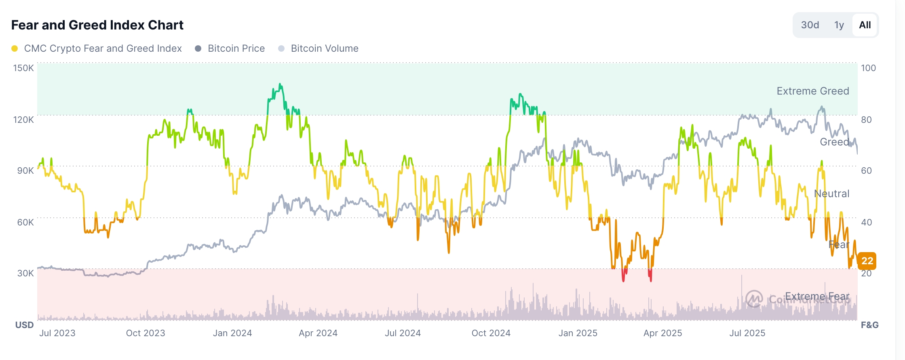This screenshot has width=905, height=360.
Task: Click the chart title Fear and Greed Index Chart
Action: (97, 25)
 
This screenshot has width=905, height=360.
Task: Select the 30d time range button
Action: (810, 25)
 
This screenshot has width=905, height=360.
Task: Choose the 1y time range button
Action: (839, 25)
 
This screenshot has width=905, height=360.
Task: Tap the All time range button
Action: (865, 25)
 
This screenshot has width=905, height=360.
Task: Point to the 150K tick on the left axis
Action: (23, 68)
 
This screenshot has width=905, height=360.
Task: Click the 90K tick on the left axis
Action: (25, 171)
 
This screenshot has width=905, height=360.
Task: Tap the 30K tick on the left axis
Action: (25, 273)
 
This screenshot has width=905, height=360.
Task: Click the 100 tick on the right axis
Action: (868, 68)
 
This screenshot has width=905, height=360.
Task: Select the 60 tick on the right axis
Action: (866, 171)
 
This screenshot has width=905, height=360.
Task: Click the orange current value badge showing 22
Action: (867, 261)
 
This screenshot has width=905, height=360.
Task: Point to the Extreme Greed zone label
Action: (812, 91)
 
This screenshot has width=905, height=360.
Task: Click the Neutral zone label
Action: (831, 194)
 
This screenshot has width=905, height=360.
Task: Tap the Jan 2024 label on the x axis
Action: (232, 333)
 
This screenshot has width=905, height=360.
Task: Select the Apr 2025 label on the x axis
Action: (662, 333)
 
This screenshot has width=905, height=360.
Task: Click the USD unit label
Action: (24, 325)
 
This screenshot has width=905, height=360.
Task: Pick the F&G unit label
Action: (869, 325)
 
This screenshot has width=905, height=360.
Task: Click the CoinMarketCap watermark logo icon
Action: (754, 299)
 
